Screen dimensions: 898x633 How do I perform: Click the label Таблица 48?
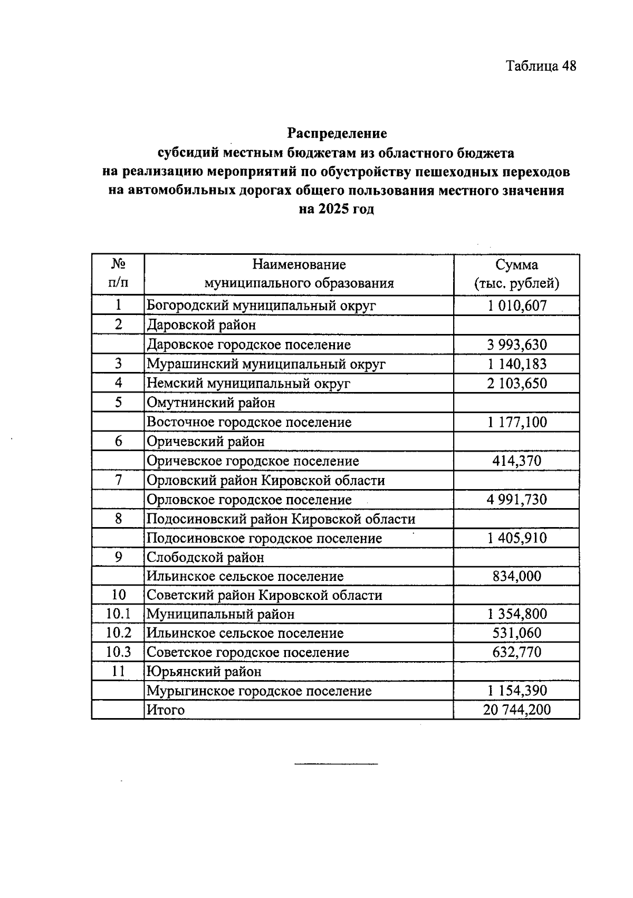click(x=541, y=66)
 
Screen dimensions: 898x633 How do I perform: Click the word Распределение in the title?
click(x=337, y=133)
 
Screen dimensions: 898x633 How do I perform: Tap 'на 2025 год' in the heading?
click(x=337, y=209)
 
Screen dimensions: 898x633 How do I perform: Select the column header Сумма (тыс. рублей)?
click(x=516, y=274)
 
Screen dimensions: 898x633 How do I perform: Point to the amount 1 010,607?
click(x=516, y=305)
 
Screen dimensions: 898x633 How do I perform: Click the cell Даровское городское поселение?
click(x=248, y=345)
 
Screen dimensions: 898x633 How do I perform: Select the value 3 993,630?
click(x=516, y=345)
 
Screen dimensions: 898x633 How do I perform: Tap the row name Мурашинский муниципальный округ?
click(x=266, y=364)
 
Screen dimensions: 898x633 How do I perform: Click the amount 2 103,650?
click(x=516, y=384)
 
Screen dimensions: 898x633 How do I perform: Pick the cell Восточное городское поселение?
click(x=249, y=423)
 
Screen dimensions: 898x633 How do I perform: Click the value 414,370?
click(x=516, y=461)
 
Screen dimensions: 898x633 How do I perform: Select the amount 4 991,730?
click(x=516, y=500)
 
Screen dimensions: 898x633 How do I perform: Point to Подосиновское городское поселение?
click(x=264, y=539)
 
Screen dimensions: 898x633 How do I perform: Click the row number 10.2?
click(x=118, y=633)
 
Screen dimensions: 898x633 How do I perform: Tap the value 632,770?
click(x=516, y=652)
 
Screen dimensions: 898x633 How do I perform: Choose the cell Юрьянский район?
click(x=204, y=672)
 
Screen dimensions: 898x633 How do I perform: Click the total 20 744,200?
click(x=516, y=710)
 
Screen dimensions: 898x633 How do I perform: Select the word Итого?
click(x=166, y=710)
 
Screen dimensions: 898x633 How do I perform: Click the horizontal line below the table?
click(x=336, y=763)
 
